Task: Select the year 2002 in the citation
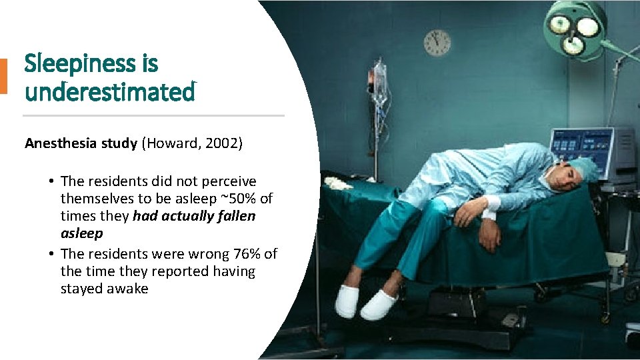(x=220, y=143)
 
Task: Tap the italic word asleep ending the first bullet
(x=82, y=233)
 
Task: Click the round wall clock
(x=437, y=43)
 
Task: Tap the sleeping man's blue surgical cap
(x=585, y=168)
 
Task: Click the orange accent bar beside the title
(x=3, y=76)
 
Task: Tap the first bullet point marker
(x=51, y=182)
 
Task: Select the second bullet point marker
(x=51, y=254)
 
